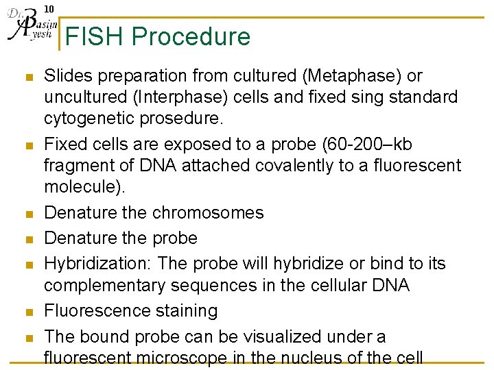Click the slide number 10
tap(49, 9)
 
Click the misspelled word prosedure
tap(180, 119)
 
